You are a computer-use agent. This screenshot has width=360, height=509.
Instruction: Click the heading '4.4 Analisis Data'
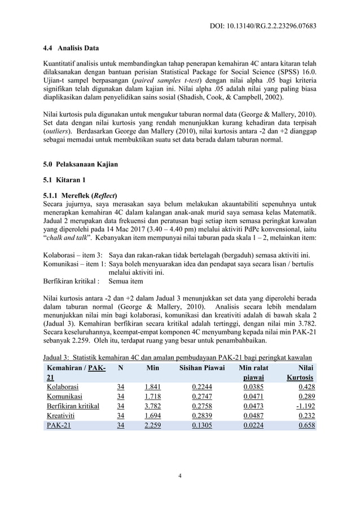point(71,48)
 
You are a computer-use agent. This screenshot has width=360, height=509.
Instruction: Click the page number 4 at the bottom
point(179,475)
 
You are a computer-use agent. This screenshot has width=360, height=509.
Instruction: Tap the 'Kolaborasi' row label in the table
point(64,387)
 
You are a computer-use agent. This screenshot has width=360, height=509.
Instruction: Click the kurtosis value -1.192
point(305,406)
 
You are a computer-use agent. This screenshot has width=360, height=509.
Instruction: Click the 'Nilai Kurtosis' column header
point(302,372)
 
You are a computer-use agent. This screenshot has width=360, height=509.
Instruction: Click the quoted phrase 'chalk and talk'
point(68,239)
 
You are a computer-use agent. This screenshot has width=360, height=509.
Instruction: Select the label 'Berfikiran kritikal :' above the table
point(71,280)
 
